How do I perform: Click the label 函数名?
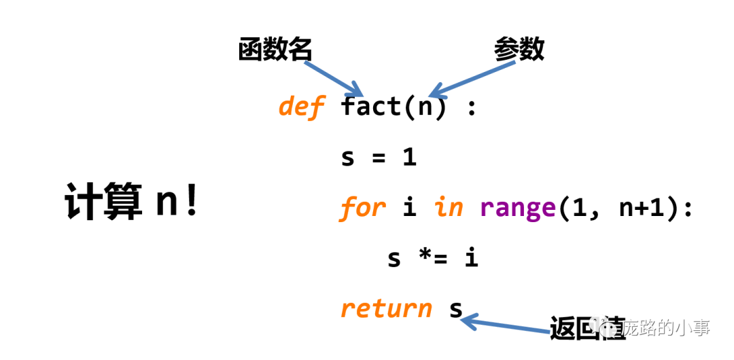(x=275, y=50)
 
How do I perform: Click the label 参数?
(x=519, y=49)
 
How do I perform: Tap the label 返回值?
(x=578, y=327)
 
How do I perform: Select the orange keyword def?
(x=301, y=106)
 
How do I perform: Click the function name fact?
(x=371, y=106)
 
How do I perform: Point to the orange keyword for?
(x=362, y=207)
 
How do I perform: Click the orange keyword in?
(x=449, y=207)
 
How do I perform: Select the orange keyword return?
(x=386, y=309)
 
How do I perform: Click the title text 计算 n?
(x=132, y=202)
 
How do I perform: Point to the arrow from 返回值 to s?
(x=506, y=325)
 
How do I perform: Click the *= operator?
(x=432, y=258)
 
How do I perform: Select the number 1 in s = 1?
(x=409, y=158)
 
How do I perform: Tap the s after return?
(x=456, y=309)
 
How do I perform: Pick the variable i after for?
(x=409, y=207)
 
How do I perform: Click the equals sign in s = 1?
(x=379, y=158)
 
